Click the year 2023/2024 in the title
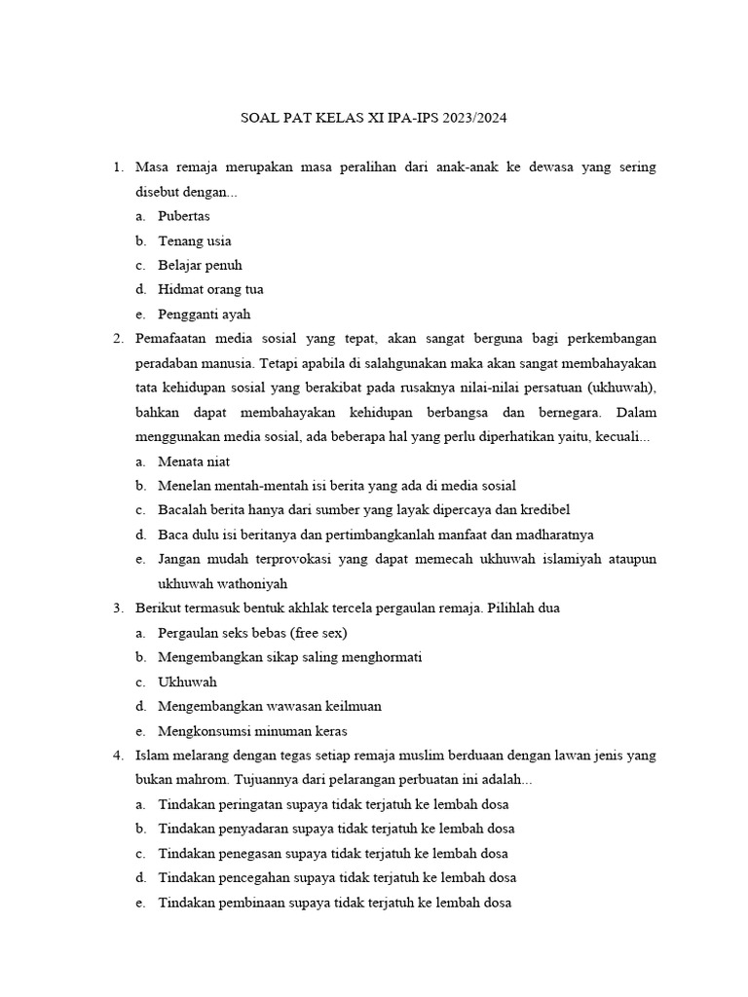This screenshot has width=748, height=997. pyautogui.click(x=475, y=119)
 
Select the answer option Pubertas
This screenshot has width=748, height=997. pyautogui.click(x=184, y=216)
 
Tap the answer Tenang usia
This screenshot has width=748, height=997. pyautogui.click(x=195, y=240)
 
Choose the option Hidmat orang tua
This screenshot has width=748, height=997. pyautogui.click(x=210, y=289)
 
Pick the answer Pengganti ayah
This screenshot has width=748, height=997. pyautogui.click(x=205, y=314)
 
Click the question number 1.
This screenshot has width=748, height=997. pyautogui.click(x=117, y=167)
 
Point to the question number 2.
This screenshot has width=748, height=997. pyautogui.click(x=117, y=339)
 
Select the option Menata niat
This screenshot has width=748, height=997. pyautogui.click(x=194, y=462)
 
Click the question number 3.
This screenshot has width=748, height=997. pyautogui.click(x=117, y=609)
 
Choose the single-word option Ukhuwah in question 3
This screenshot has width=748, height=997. pyautogui.click(x=187, y=682)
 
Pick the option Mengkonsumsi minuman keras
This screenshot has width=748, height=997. pyautogui.click(x=252, y=731)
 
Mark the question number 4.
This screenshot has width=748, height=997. pyautogui.click(x=117, y=756)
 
